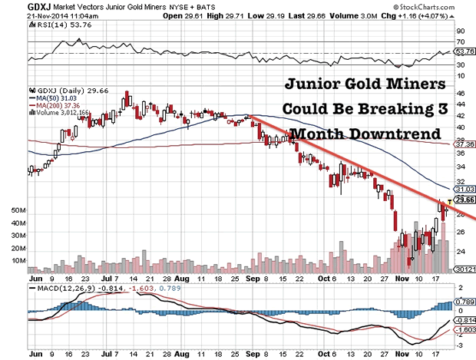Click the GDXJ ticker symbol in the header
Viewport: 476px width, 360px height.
[17, 6]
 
